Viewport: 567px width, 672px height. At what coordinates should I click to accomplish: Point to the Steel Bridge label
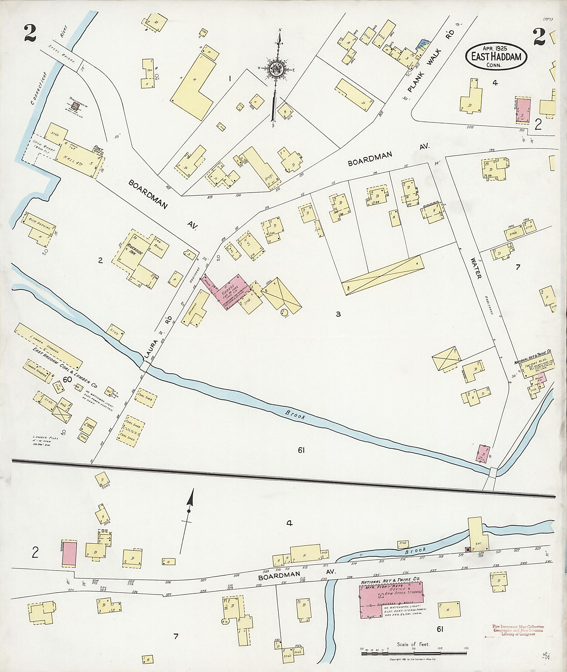[x=61, y=53]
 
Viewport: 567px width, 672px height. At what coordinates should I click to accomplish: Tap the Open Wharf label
[x=44, y=146]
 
